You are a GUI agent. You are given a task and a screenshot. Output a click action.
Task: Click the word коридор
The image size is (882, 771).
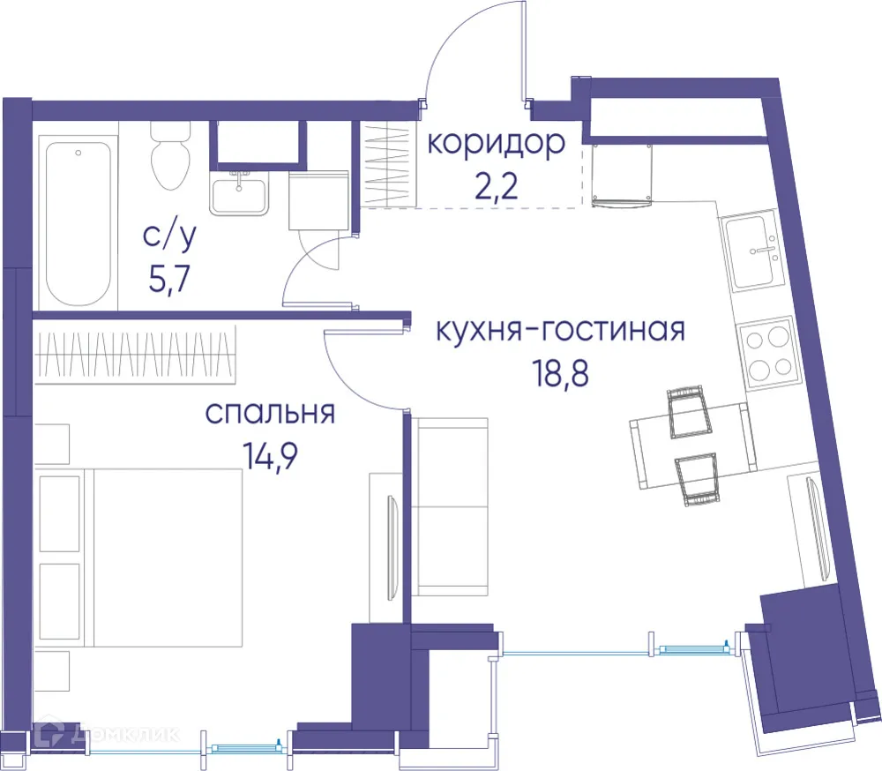pyautogui.click(x=496, y=142)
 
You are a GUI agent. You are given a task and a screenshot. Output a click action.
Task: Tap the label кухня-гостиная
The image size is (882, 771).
pyautogui.click(x=559, y=332)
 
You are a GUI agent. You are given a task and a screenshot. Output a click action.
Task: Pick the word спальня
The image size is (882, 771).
pyautogui.click(x=270, y=413)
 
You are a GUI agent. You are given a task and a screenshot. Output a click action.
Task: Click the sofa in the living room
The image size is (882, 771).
pyautogui.click(x=452, y=507)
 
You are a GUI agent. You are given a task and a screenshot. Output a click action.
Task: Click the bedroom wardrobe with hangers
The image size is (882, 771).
pyautogui.click(x=137, y=355)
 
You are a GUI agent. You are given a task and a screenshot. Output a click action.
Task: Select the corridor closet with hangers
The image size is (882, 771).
pyautogui.click(x=389, y=164)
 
